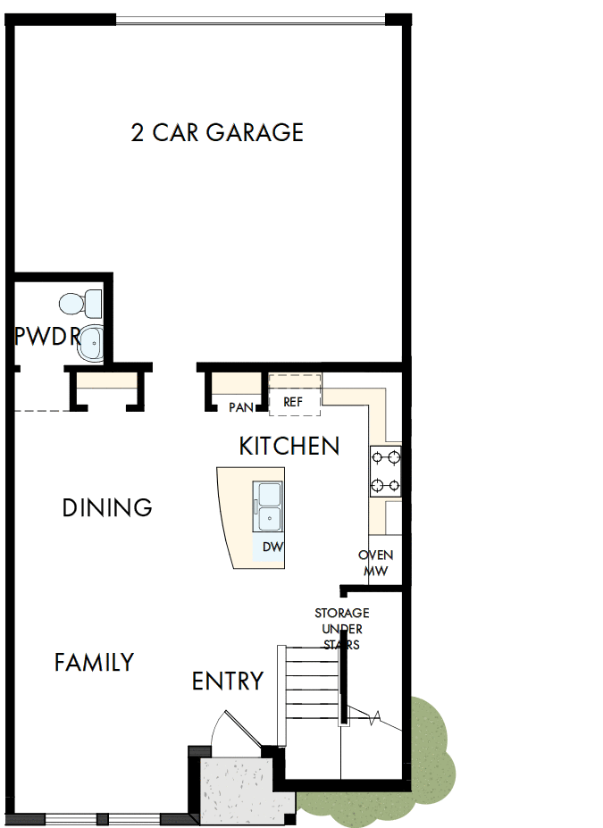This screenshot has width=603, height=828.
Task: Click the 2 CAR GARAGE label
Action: click(217, 133)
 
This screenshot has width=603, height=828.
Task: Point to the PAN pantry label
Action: click(240, 407)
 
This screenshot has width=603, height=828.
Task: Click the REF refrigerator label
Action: click(293, 402)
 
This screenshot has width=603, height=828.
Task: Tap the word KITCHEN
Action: click(289, 446)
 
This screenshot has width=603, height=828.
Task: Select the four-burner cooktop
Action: click(386, 472)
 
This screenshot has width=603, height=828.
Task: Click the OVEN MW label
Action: click(375, 563)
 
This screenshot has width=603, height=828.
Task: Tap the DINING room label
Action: click(107, 508)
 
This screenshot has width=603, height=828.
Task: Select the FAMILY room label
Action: click(94, 663)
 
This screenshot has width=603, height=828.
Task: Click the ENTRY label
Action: click(228, 682)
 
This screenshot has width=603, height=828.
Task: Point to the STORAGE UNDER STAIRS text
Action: click(341, 628)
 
